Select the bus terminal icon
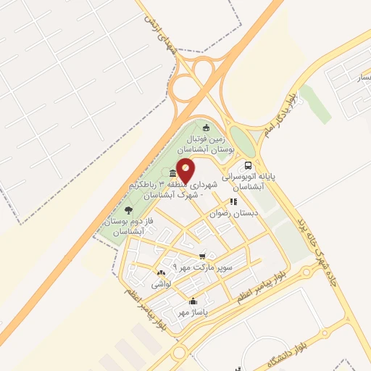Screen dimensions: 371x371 (x=249, y=164)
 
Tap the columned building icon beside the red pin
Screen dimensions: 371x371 (x=172, y=174)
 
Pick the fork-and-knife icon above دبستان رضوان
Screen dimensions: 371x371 (x=233, y=202)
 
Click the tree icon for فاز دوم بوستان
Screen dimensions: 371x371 (x=128, y=210)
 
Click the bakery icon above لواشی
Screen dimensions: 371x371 (x=161, y=273)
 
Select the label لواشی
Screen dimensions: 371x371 (x=161, y=285)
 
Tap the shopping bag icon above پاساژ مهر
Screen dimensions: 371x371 (x=193, y=302)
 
